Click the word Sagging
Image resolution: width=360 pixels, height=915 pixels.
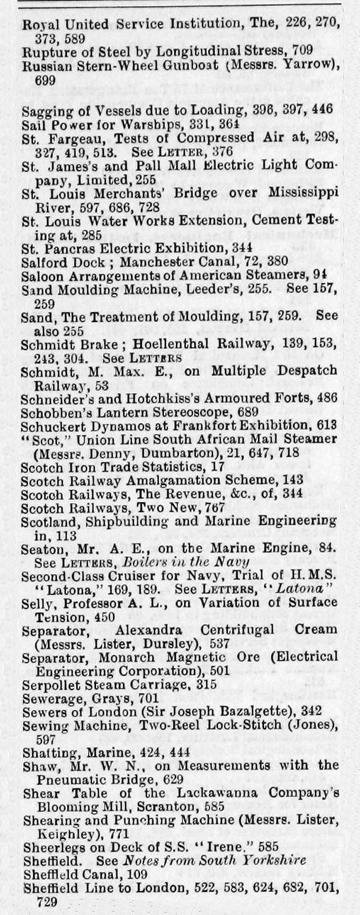point(42,111)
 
